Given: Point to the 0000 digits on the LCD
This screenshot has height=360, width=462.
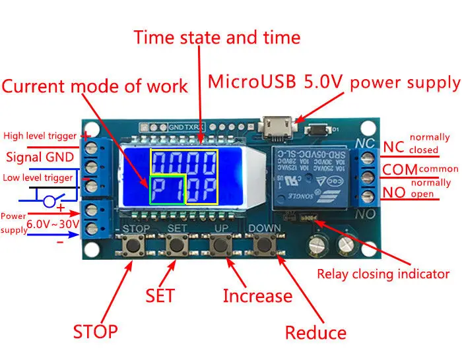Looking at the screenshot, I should tap(184, 162).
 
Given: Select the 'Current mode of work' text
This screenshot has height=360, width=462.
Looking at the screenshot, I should tap(95, 86).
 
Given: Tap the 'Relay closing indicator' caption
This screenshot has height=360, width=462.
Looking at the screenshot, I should tap(383, 274).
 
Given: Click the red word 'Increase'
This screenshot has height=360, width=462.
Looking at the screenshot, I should tap(257, 296).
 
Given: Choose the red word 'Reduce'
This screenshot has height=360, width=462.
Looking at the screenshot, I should tap(315, 333).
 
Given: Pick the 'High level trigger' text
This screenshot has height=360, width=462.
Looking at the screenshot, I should tap(40, 136).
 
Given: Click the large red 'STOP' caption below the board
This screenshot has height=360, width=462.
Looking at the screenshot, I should tap(95, 331).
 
